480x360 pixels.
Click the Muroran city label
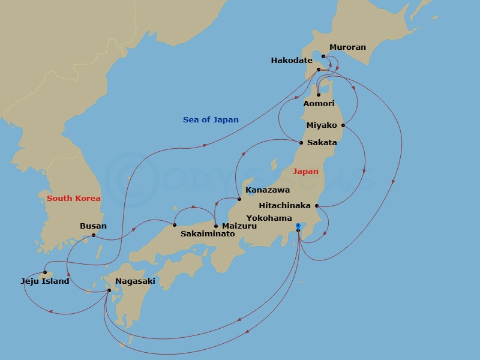click(347, 47)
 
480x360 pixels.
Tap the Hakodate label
click(292, 61)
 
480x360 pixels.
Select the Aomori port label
click(319, 104)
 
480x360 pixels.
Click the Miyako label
click(322, 125)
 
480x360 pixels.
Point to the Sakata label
click(322, 143)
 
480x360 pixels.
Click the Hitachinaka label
click(285, 205)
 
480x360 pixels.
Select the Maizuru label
click(239, 226)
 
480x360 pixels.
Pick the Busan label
click(93, 226)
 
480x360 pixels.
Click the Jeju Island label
click(45, 281)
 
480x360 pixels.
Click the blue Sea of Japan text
click(211, 120)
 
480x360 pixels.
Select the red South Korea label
click(73, 198)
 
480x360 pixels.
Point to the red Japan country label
click(305, 172)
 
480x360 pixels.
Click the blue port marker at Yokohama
click(298, 226)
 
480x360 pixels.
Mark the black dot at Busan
click(94, 235)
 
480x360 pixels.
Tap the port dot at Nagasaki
click(109, 291)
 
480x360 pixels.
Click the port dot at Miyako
click(343, 125)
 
